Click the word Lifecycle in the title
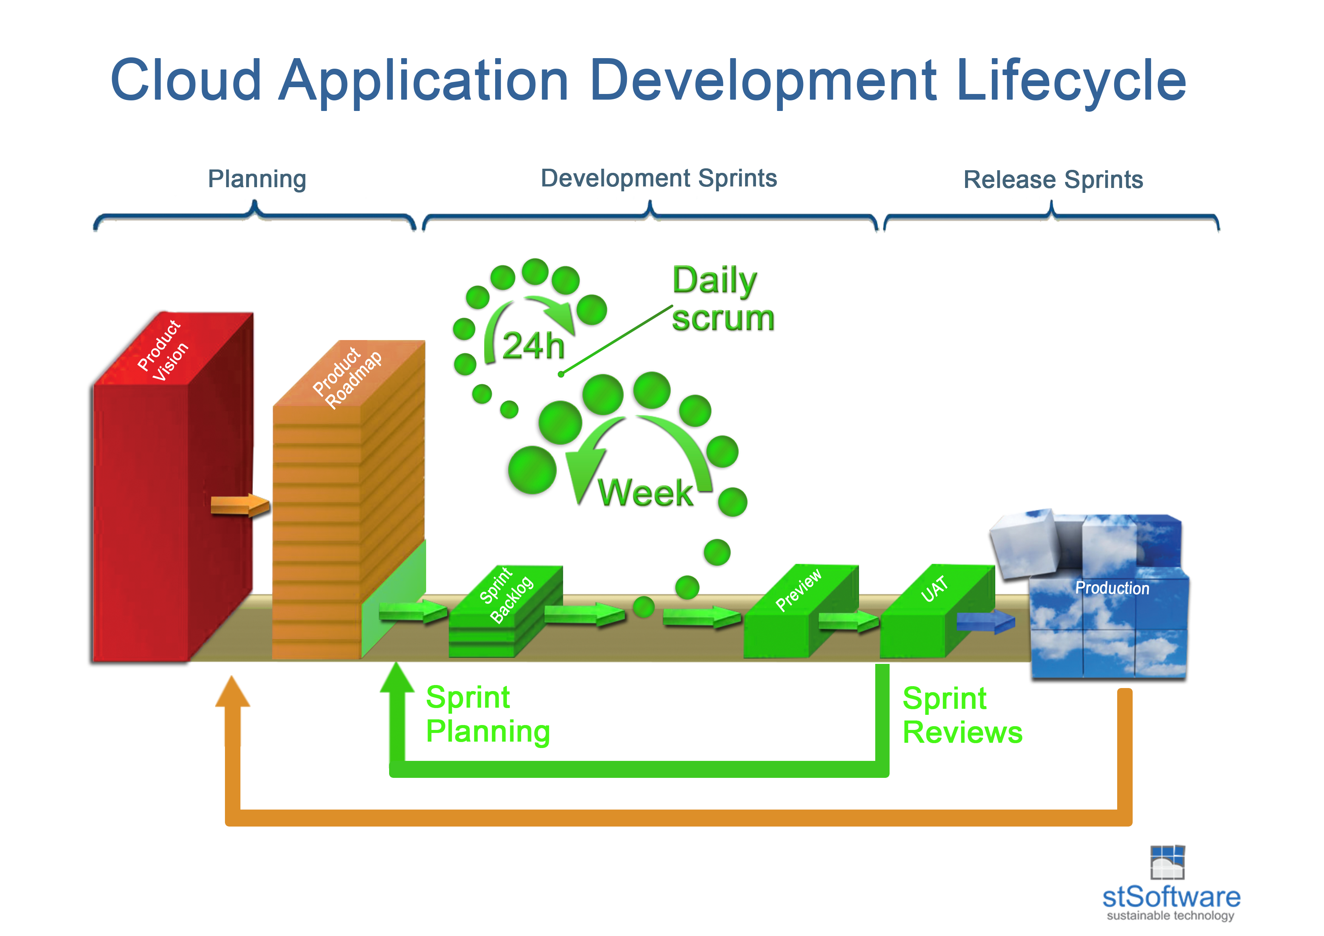1070,81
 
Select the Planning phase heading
257,179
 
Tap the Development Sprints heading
659,178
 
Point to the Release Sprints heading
1053,179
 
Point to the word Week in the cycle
645,493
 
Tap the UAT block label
934,589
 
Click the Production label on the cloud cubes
1112,588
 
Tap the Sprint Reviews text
962,715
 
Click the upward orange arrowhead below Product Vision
232,692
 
